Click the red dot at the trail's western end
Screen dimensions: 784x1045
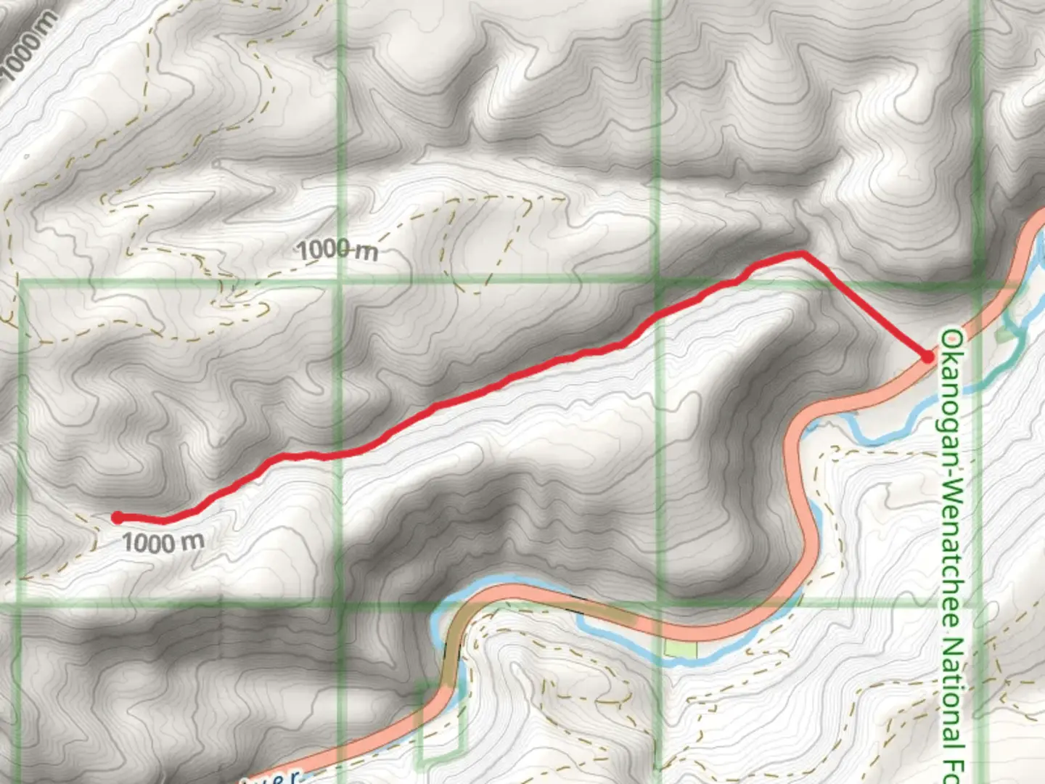(117, 518)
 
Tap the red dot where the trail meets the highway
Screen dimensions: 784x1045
(927, 356)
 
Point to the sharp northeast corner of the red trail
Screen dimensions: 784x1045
(803, 253)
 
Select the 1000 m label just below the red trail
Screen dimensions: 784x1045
(163, 542)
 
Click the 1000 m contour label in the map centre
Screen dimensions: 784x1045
(337, 250)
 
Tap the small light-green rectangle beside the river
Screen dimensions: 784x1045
(681, 649)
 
